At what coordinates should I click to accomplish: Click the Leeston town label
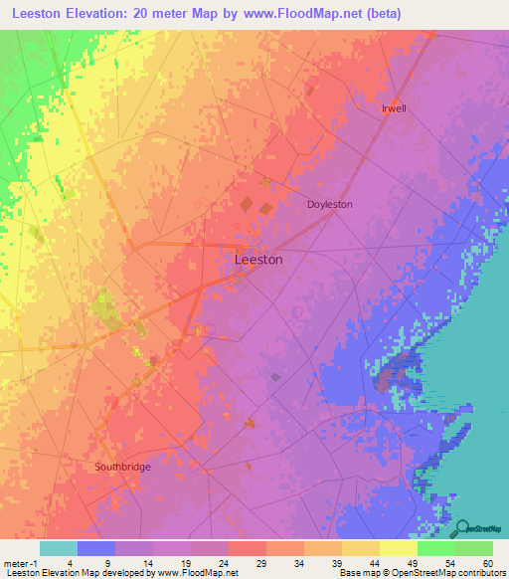click(x=257, y=260)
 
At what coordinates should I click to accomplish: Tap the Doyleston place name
click(x=329, y=204)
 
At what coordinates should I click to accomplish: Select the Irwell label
click(x=395, y=108)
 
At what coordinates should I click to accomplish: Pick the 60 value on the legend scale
click(x=486, y=562)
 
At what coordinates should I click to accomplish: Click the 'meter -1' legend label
click(x=20, y=562)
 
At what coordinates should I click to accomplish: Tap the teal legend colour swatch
click(x=59, y=548)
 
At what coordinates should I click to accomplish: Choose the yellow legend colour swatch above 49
click(x=398, y=548)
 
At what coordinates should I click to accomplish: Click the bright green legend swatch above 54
click(x=435, y=548)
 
